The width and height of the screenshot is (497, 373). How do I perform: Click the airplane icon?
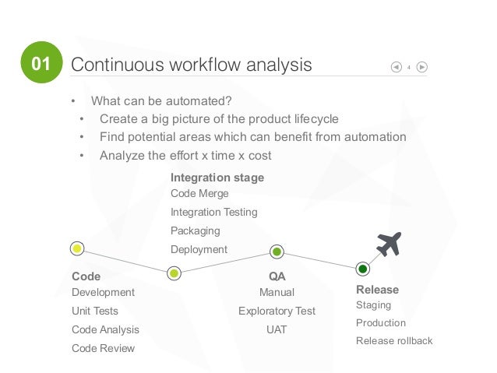(387, 245)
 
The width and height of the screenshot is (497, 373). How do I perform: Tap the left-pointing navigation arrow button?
(396, 66)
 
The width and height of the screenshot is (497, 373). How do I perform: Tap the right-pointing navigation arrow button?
(422, 66)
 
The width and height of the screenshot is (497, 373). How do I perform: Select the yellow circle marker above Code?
(77, 249)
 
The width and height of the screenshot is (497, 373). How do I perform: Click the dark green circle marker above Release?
(362, 269)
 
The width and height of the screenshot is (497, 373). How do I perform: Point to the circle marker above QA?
(277, 252)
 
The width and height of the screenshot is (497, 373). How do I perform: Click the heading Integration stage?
(217, 178)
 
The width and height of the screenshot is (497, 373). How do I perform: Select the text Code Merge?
(199, 193)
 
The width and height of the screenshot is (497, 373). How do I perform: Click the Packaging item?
(195, 230)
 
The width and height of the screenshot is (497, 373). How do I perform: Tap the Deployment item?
(199, 249)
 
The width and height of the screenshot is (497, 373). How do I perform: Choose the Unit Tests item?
(95, 311)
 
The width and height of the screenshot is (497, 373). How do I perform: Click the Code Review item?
(103, 348)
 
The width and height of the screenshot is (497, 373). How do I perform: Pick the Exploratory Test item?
(277, 311)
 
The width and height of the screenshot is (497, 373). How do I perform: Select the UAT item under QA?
(277, 329)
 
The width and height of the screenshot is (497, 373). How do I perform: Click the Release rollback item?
(393, 340)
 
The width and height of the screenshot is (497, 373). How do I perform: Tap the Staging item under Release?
(373, 304)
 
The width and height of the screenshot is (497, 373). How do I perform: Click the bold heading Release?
(377, 290)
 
